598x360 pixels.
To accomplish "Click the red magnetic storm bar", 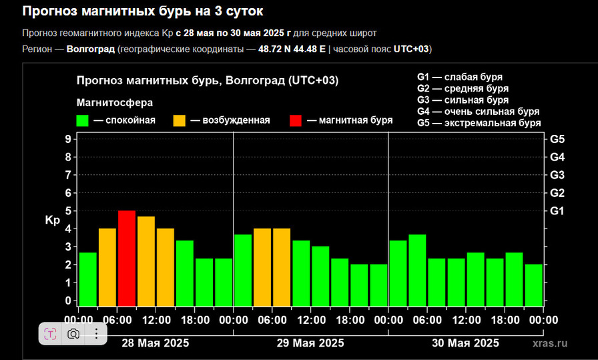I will click(127, 258).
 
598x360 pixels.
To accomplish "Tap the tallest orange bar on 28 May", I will click(146, 260).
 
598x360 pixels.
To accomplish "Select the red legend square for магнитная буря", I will click(296, 121).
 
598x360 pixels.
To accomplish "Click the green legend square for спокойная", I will click(83, 121).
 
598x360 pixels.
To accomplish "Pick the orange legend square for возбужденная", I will click(180, 121).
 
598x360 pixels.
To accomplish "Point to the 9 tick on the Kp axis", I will click(68, 139).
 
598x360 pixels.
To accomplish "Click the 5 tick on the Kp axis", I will click(68, 210).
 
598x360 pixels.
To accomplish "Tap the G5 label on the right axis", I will click(557, 140).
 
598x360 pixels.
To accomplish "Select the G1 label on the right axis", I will click(557, 211).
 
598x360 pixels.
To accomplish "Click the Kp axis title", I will click(53, 220).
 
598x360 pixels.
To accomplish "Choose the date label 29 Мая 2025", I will click(310, 343).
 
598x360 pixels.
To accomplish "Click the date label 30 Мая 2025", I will click(465, 343).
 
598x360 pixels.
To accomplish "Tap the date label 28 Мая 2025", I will click(156, 343).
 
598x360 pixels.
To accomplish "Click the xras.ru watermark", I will click(551, 343).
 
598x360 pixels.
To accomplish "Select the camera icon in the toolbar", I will click(73, 333).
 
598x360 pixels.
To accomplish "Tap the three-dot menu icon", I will click(96, 333).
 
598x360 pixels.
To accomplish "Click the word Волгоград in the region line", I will click(91, 49).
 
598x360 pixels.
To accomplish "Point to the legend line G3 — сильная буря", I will click(463, 100).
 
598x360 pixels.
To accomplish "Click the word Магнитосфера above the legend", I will click(115, 103).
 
